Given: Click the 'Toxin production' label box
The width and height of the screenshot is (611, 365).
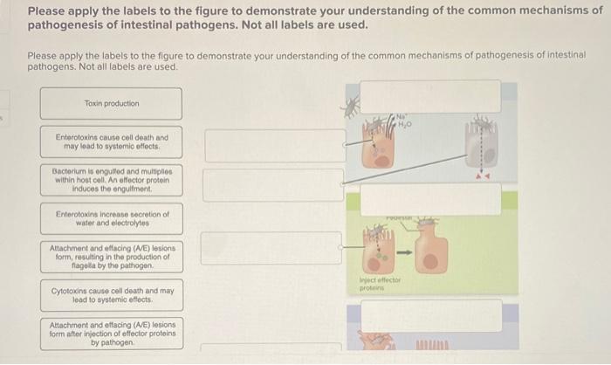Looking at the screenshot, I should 111,104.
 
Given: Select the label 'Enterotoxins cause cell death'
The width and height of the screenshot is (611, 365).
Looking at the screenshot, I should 111,141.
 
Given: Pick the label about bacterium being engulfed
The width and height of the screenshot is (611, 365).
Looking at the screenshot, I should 111,180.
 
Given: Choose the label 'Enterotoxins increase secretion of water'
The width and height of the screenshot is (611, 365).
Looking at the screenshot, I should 111,217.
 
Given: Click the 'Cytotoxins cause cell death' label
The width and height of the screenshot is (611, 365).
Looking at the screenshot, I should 111,294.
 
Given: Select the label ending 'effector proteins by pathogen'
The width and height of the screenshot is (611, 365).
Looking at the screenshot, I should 111,333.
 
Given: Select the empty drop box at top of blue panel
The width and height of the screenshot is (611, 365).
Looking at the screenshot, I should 430,96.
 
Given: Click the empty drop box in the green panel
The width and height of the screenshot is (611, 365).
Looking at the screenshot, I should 430,199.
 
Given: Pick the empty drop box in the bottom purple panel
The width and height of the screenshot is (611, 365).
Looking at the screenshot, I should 430,315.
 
